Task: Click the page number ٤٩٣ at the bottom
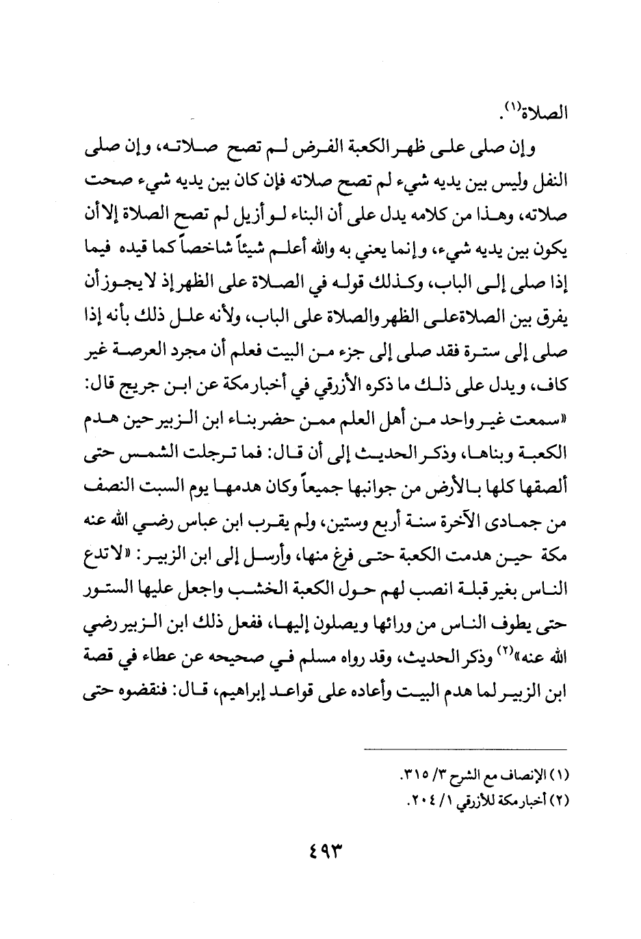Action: (x=320, y=853)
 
